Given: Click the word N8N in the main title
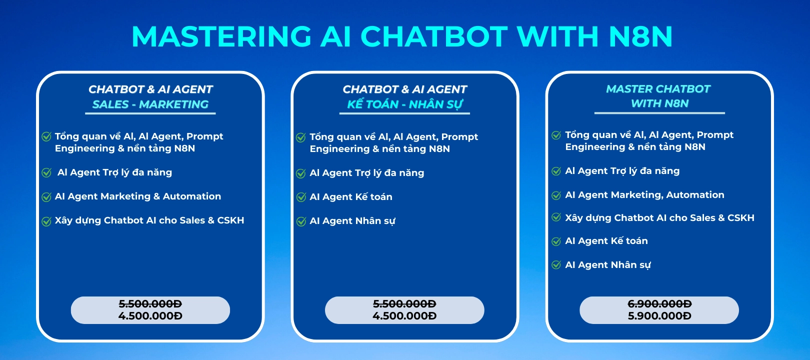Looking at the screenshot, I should pos(640,36).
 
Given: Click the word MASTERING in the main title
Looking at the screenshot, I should pos(221,36).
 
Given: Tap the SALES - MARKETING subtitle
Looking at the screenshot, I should pos(150,104).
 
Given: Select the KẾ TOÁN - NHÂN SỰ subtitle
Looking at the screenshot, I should pos(404,104).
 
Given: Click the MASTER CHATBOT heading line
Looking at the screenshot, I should pos(658,89).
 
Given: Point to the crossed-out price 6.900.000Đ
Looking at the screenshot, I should pos(659,303).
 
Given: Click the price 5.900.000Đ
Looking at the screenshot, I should pos(659,316).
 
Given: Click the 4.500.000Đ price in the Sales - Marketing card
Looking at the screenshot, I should pos(150,316).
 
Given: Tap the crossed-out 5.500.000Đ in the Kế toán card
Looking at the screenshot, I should pos(404,303).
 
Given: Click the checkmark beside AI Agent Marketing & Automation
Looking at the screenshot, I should pos(46,197).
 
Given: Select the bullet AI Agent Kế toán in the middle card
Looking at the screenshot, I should pos(351,197).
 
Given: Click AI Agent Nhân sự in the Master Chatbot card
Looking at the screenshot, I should pos(607,265).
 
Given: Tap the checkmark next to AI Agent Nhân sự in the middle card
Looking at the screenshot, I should pos(301,221).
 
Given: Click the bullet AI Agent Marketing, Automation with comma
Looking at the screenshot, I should pos(644,195).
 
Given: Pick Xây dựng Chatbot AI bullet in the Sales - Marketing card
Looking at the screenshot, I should pos(149,220).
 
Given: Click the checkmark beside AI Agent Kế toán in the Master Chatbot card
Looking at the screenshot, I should pos(556,241).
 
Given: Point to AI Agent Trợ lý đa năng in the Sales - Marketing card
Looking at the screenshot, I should pos(114,172).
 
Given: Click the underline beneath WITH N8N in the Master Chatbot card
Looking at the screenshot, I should pos(659,113).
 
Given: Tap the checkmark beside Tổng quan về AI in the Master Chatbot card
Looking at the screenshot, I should pos(556,135).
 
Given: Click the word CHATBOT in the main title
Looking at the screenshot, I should pos(433,36).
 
